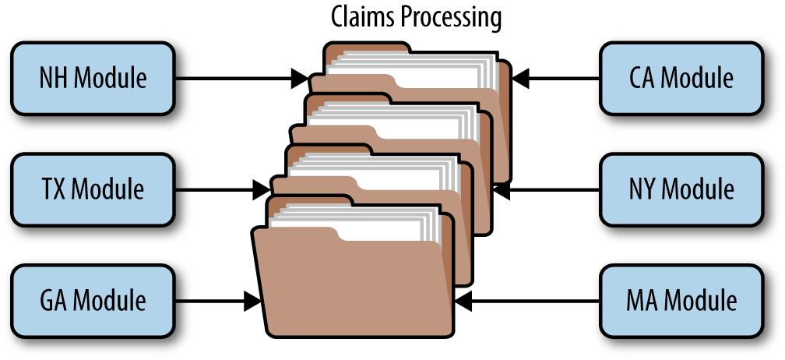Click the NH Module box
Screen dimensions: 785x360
tap(93, 79)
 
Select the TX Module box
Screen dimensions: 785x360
tap(93, 190)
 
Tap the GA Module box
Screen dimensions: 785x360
tap(93, 301)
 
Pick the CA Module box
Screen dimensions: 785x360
tap(681, 79)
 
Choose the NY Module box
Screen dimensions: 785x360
tap(681, 190)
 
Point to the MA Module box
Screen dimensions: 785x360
tap(681, 301)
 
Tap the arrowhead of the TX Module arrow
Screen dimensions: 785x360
tap(262, 190)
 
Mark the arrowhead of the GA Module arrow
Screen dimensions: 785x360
tap(253, 301)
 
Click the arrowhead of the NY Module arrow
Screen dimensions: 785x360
tap(502, 190)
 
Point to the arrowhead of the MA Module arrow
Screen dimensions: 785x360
tap(463, 301)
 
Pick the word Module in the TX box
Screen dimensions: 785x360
tap(108, 190)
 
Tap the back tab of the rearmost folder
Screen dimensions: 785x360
tap(368, 48)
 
